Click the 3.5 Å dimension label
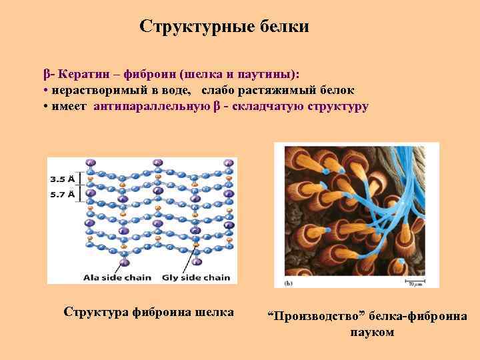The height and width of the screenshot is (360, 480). pyautogui.click(x=64, y=179)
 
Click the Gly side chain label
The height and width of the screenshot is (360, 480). pyautogui.click(x=196, y=277)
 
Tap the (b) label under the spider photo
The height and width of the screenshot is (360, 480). pyautogui.click(x=289, y=283)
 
